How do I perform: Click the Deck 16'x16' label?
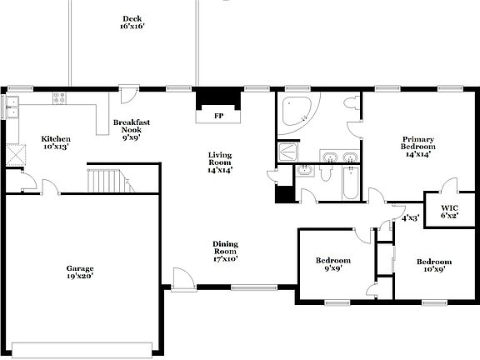132,22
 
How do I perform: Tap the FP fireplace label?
218,116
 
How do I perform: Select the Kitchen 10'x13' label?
56,142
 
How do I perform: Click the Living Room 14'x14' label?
220,162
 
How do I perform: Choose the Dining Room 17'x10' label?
225,252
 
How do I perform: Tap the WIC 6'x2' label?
449,211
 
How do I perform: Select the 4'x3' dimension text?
409,218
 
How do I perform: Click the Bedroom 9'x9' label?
332,264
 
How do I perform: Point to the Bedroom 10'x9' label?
434,266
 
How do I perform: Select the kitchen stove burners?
60,97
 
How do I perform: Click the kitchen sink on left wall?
12,107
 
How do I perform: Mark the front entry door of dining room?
181,278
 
